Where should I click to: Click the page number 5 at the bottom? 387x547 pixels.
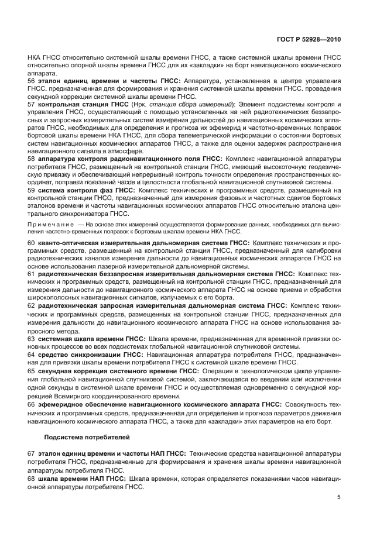339,497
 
